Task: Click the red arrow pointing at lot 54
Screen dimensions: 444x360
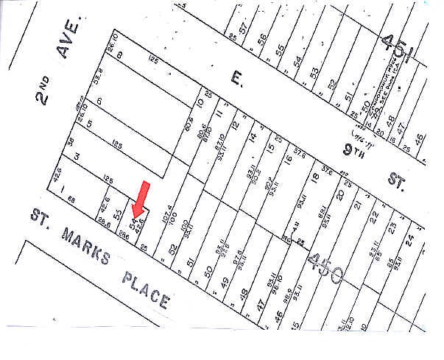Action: tap(141, 200)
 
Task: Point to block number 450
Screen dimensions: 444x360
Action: tap(325, 269)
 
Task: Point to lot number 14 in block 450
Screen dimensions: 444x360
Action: tap(252, 136)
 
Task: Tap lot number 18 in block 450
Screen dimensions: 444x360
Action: tap(314, 177)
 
